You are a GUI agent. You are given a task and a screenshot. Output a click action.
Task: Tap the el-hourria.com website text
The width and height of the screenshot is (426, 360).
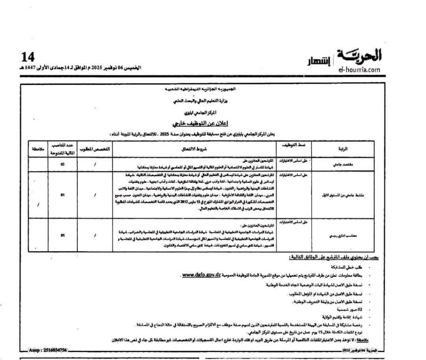[359, 70]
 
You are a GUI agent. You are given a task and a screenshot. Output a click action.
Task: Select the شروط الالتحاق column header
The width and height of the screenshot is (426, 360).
[197, 148]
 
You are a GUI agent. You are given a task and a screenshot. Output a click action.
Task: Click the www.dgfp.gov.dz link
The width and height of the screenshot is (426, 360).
[201, 276]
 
